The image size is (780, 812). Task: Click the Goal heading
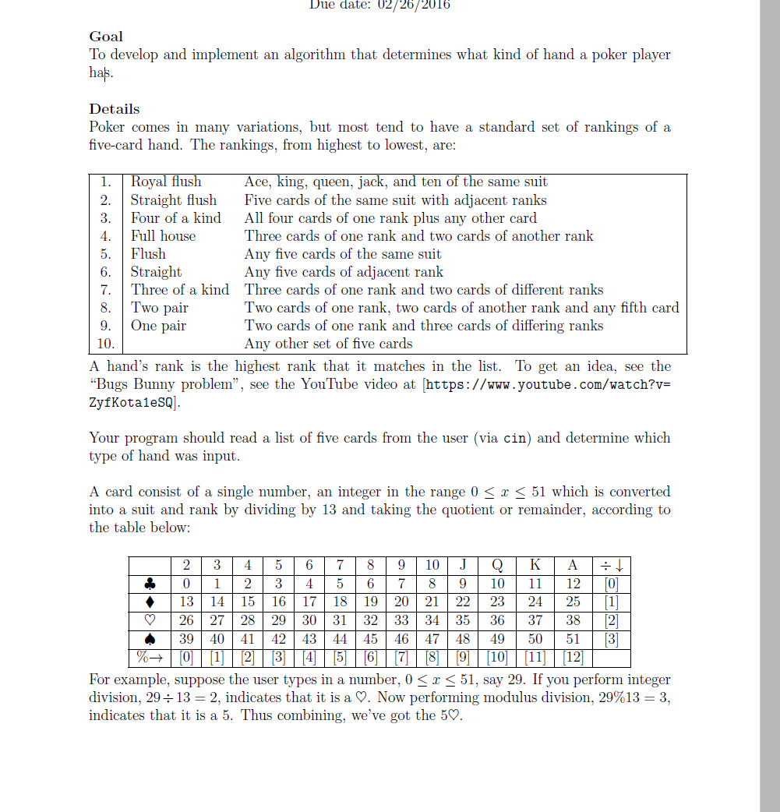[106, 37]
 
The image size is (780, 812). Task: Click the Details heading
[115, 109]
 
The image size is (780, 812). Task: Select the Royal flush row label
[165, 182]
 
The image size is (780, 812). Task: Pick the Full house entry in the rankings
[163, 236]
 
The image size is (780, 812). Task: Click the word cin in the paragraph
[514, 438]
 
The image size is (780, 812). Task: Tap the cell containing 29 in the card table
[277, 621]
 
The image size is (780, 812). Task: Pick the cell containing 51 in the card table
[573, 640]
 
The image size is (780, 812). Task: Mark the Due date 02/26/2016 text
[379, 5]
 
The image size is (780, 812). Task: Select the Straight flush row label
[173, 200]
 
